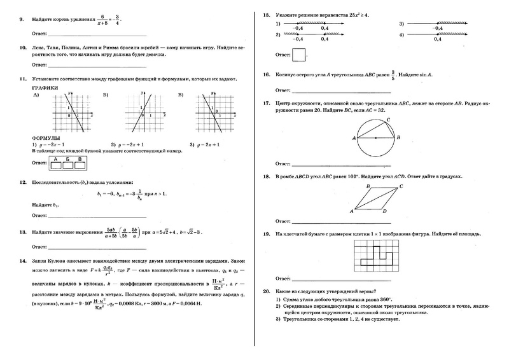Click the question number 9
(22, 18)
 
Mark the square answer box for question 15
(299, 55)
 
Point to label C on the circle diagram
(387, 119)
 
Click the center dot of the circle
(375, 137)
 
